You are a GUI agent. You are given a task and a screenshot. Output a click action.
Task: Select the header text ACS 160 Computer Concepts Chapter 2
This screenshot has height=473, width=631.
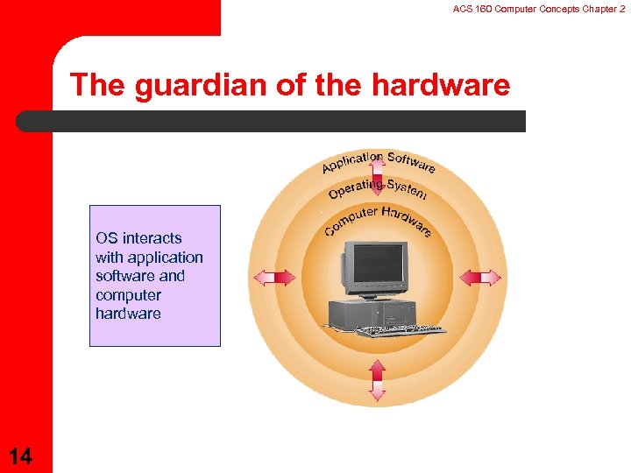point(538,8)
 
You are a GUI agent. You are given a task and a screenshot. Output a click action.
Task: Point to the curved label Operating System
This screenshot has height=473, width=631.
point(378,187)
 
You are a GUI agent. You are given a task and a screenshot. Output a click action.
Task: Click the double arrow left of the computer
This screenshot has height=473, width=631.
point(274,278)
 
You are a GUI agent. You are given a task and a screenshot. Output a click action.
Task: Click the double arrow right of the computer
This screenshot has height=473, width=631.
point(480,278)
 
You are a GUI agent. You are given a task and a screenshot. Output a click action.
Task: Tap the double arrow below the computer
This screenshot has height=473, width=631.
point(378,379)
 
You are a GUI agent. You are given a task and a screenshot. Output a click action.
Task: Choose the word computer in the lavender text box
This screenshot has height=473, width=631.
point(128,295)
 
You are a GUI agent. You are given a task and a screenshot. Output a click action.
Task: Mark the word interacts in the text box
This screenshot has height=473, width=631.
point(152,238)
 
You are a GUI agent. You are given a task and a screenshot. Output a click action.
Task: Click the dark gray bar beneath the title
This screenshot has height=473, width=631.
point(272,121)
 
